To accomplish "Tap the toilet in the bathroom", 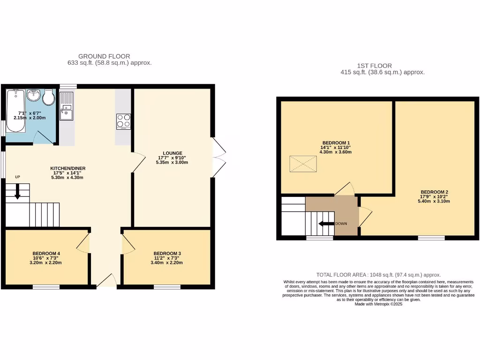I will (47, 97).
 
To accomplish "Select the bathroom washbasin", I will (33, 96).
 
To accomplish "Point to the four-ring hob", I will (123, 121).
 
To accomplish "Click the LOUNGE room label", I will (172, 153).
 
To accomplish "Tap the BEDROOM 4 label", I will (46, 254).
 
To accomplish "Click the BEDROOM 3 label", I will (167, 254).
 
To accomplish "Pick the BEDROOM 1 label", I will (336, 143).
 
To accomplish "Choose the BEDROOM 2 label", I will (434, 192).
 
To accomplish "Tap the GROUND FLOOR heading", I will (104, 56).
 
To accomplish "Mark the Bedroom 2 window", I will (431, 238).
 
